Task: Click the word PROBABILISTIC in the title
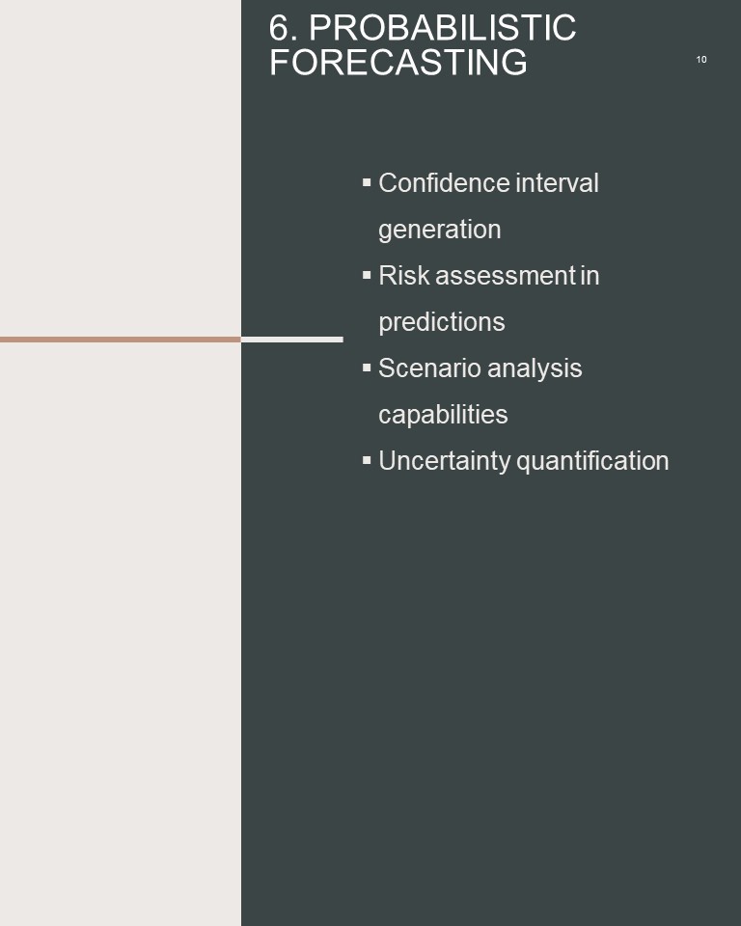[x=442, y=28]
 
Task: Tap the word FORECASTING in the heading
[x=398, y=63]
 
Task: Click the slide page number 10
[x=701, y=60]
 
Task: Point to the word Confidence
[x=444, y=183]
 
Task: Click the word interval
[x=558, y=183]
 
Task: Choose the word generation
[x=440, y=231]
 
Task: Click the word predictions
[x=442, y=322]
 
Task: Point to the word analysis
[x=535, y=369]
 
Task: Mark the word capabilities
[x=443, y=415]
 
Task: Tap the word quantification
[x=592, y=462]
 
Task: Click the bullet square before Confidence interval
[x=367, y=182]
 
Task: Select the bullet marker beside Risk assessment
[x=367, y=275]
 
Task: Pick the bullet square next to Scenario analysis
[x=367, y=368]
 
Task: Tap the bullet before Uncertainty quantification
[x=367, y=460]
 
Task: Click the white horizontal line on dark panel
[x=292, y=340]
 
